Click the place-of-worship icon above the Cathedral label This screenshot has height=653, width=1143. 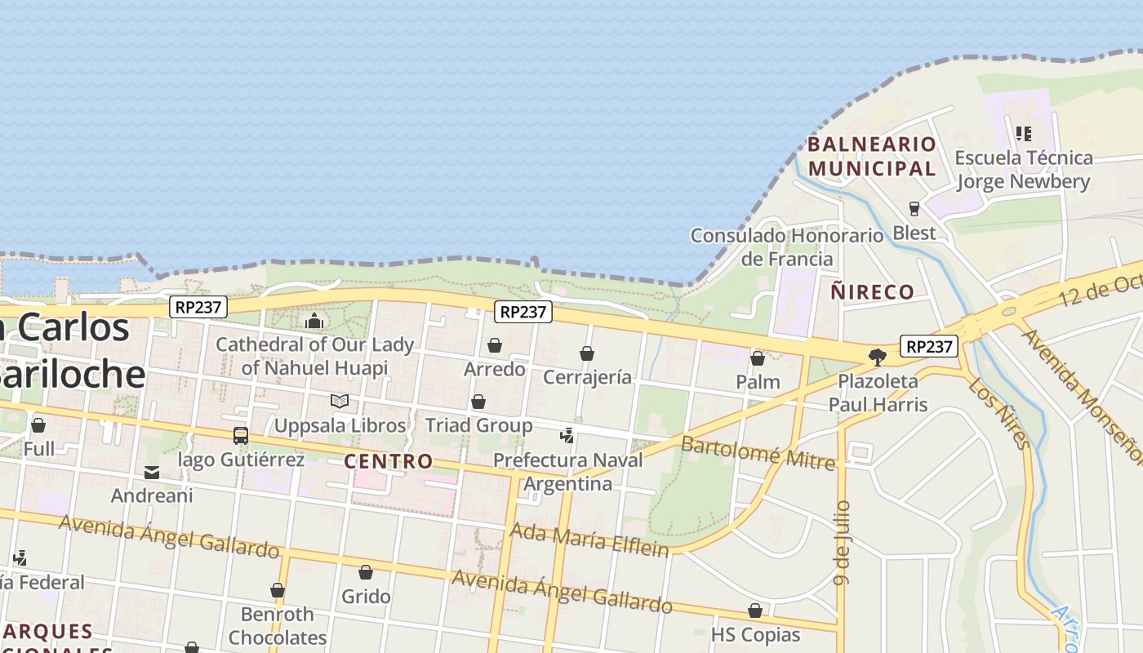tap(314, 321)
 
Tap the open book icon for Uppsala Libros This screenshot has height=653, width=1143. tap(340, 401)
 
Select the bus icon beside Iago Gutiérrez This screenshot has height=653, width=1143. tap(241, 436)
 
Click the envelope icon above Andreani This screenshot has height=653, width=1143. tap(152, 473)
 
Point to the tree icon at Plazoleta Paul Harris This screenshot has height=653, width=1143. tap(878, 357)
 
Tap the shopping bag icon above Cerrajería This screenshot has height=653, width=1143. tap(587, 353)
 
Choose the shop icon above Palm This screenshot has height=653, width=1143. tap(758, 358)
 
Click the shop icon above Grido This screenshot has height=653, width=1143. tap(366, 573)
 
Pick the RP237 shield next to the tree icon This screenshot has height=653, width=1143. tap(929, 346)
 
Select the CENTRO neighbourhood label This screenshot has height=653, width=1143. tap(389, 461)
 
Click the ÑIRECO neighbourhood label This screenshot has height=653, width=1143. tap(873, 291)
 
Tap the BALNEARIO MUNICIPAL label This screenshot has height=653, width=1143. tap(872, 156)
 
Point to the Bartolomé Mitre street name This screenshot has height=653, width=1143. tap(758, 453)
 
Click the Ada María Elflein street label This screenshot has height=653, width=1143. tap(589, 540)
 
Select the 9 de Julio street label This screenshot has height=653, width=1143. tap(843, 542)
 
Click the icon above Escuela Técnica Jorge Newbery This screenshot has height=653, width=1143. tap(1024, 133)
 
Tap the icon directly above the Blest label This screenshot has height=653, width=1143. tap(914, 209)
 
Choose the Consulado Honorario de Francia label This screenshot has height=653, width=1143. tap(787, 247)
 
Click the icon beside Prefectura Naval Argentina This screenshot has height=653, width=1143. tap(567, 435)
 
